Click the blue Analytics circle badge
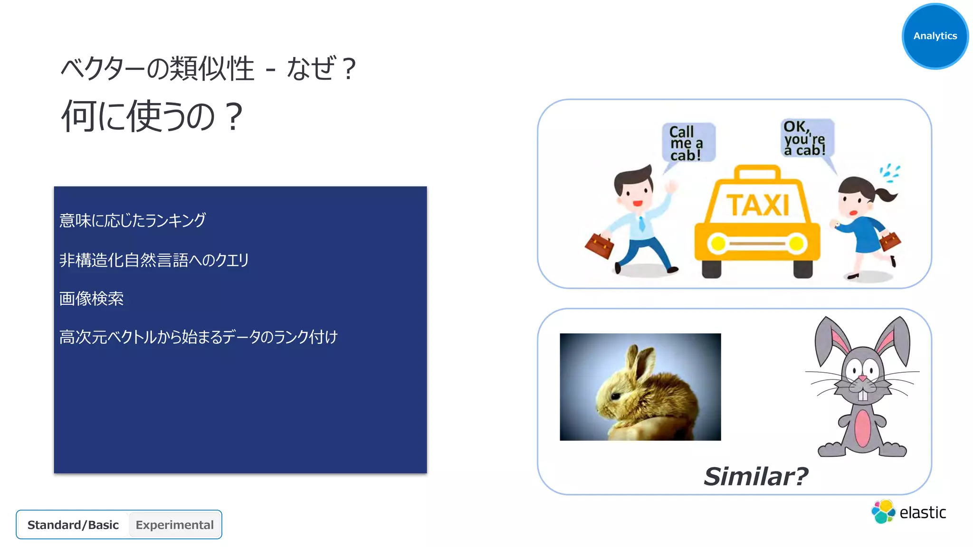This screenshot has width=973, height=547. (935, 36)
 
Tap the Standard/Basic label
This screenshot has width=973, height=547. (73, 525)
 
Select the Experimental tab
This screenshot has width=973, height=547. (174, 525)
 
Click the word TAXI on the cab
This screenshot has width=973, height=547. (758, 205)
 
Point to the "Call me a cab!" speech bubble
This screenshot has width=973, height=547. (687, 143)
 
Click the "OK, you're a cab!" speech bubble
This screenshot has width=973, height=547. (807, 138)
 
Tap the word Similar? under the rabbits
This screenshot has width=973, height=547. (755, 476)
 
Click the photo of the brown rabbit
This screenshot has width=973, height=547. (640, 387)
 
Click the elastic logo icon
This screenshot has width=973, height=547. (883, 512)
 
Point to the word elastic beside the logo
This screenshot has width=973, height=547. (923, 513)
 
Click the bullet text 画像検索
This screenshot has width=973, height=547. (91, 299)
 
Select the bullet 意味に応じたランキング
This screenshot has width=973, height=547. (133, 220)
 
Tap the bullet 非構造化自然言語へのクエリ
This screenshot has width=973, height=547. (154, 260)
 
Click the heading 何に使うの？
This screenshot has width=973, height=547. (152, 116)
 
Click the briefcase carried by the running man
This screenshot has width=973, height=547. (599, 245)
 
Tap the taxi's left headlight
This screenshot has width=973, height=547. (718, 244)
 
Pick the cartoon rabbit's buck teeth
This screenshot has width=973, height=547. (862, 395)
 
